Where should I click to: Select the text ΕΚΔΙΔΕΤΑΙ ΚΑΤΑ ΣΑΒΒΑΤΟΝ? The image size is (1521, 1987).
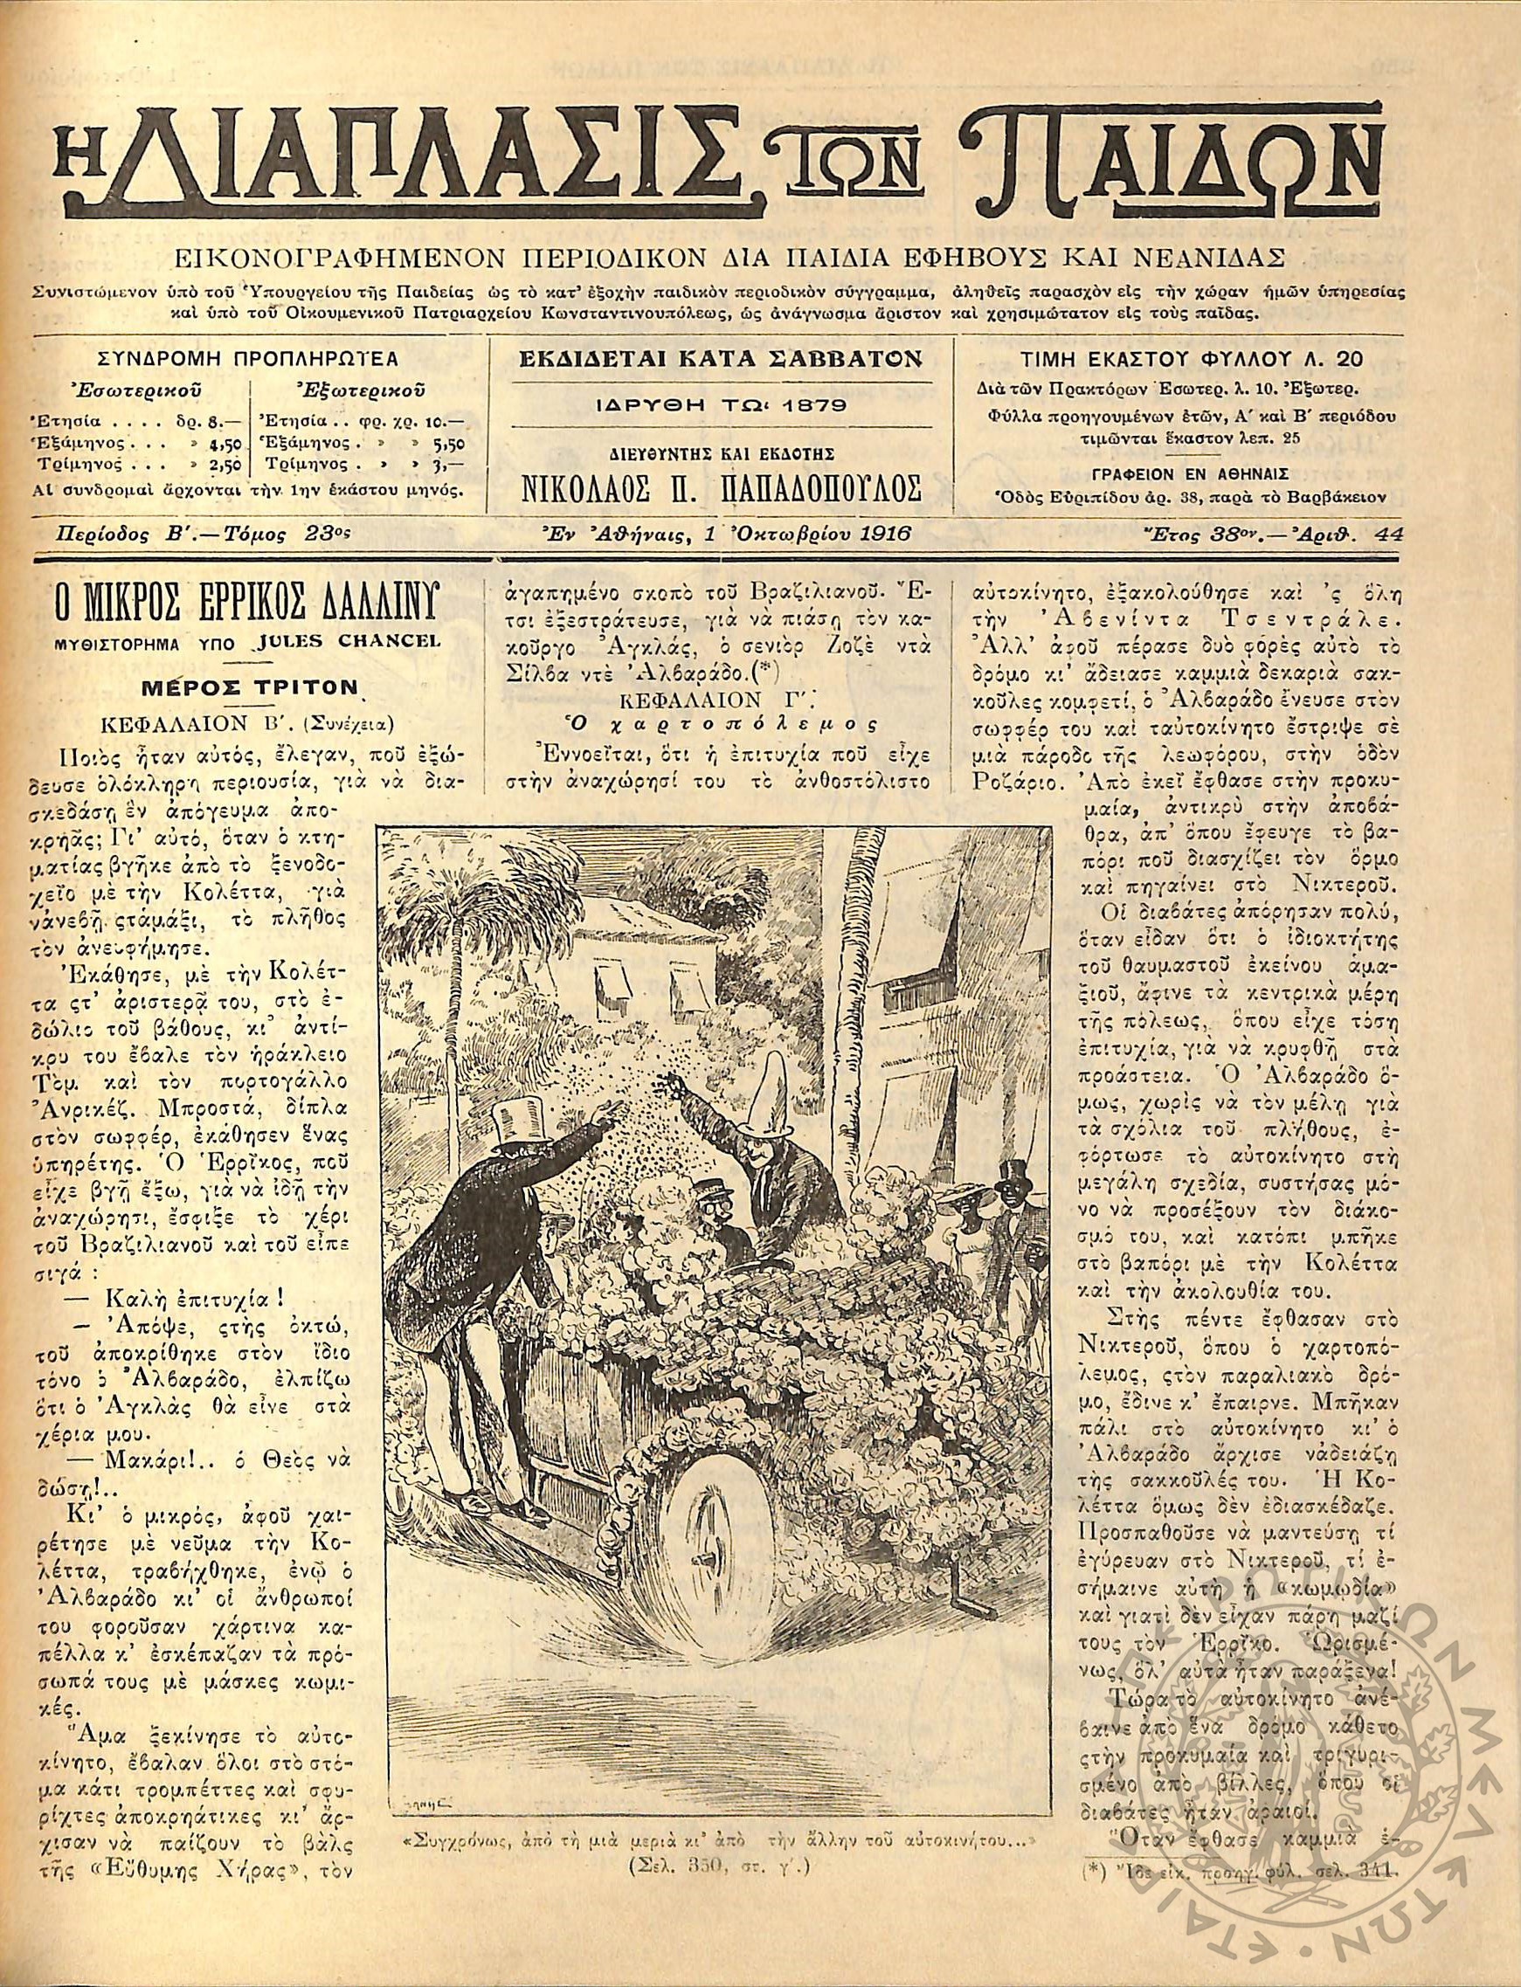(x=722, y=359)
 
